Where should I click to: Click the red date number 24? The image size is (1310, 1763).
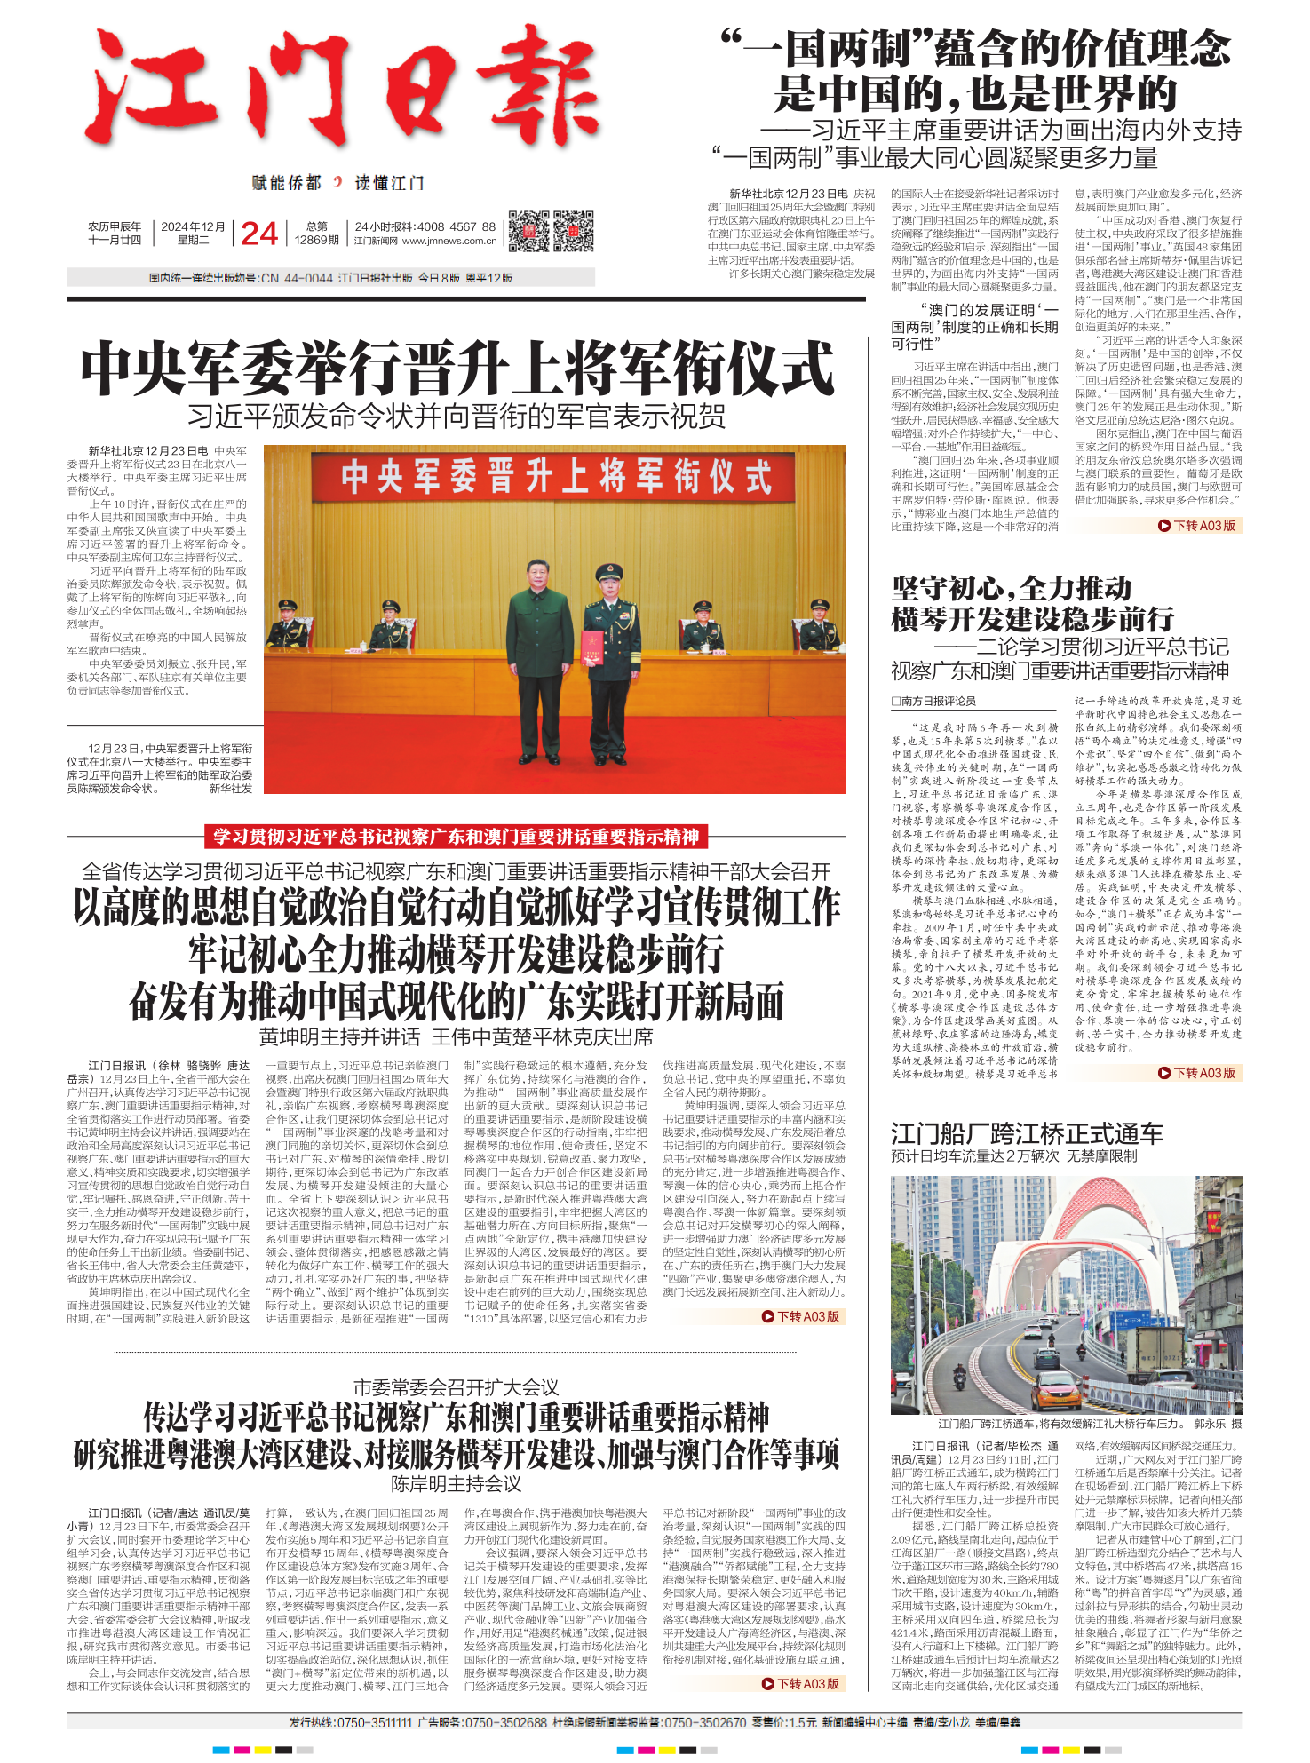[258, 234]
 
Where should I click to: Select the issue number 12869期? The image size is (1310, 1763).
[317, 240]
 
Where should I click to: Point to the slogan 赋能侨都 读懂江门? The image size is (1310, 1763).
[337, 183]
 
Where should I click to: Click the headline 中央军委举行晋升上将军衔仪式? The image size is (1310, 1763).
[457, 369]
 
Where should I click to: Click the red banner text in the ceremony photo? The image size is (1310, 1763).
[556, 478]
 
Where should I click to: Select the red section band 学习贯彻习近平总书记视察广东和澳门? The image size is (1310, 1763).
[457, 837]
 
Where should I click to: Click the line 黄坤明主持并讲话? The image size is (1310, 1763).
[339, 1037]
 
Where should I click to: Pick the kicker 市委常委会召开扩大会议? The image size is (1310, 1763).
[456, 1387]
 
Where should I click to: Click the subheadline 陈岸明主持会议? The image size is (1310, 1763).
[456, 1484]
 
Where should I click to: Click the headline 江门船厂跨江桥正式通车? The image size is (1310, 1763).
[1027, 1134]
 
